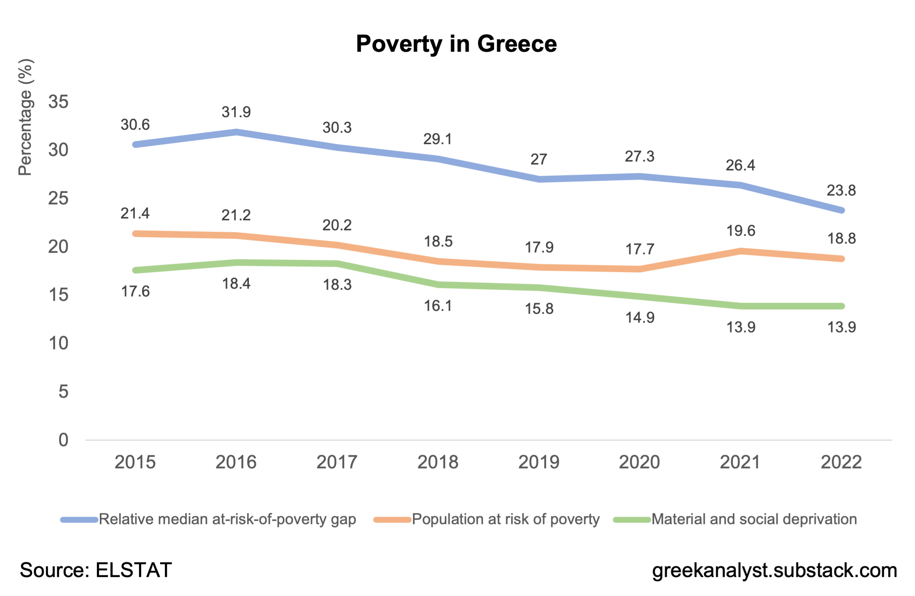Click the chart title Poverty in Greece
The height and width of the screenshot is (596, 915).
[x=456, y=44]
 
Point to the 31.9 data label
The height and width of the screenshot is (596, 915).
[x=236, y=112]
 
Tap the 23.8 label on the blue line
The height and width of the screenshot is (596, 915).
[x=841, y=191]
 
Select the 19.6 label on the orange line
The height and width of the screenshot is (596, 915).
[x=741, y=231]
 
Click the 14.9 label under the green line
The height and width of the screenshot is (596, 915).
[x=640, y=318]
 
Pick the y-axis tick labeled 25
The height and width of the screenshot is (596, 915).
[x=58, y=199]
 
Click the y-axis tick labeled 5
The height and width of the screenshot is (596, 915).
[x=63, y=392]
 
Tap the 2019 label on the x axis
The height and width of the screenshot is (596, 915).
[x=539, y=462]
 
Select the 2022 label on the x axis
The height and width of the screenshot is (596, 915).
[x=841, y=462]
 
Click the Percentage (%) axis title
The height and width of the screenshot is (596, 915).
[x=26, y=118]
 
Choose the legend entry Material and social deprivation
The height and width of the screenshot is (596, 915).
[x=754, y=520]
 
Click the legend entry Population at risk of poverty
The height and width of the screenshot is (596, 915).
[x=505, y=520]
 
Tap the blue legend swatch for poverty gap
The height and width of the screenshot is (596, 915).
[x=79, y=520]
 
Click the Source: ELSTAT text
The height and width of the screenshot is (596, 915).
[x=96, y=570]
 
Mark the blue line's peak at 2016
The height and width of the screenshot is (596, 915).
[x=237, y=132]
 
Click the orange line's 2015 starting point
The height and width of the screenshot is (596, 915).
[x=135, y=234]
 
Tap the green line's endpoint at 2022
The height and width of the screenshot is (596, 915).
[x=841, y=306]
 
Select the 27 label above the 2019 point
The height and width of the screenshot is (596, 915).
[x=539, y=160]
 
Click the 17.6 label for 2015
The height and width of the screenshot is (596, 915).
[x=135, y=292]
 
